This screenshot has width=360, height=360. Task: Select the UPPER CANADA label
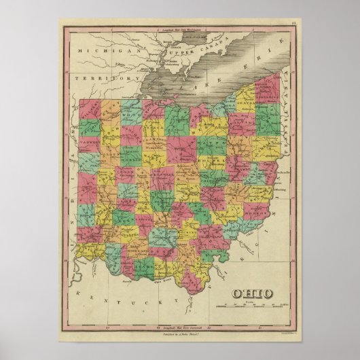click(176, 52)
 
